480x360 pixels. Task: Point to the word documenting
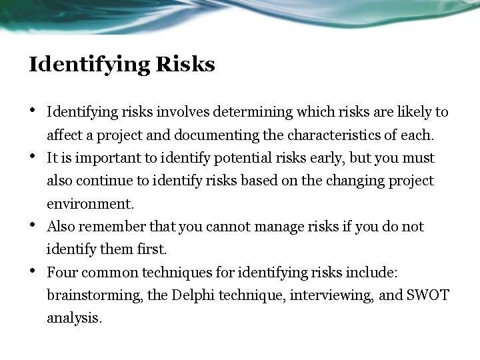tap(211, 135)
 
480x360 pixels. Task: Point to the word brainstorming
tap(93, 295)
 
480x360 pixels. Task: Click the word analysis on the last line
tap(74, 317)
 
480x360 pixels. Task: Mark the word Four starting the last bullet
tap(62, 272)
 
